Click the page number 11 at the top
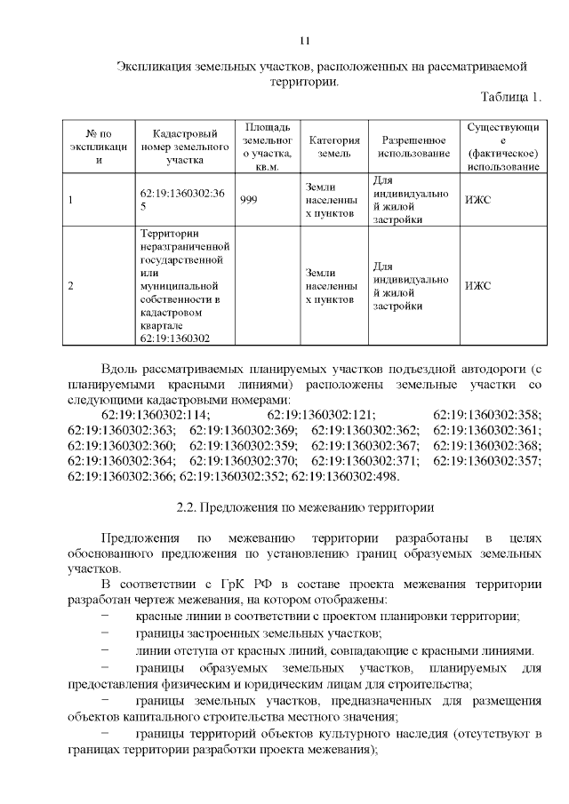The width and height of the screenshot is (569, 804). [x=304, y=40]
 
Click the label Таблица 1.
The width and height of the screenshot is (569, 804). [x=510, y=96]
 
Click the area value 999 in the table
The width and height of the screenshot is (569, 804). [x=249, y=200]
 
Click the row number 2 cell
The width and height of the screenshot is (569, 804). [x=71, y=286]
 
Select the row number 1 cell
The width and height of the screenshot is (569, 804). [x=71, y=200]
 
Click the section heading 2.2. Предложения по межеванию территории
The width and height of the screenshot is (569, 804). [x=305, y=509]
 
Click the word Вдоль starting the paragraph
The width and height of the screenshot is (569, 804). [x=122, y=368]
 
